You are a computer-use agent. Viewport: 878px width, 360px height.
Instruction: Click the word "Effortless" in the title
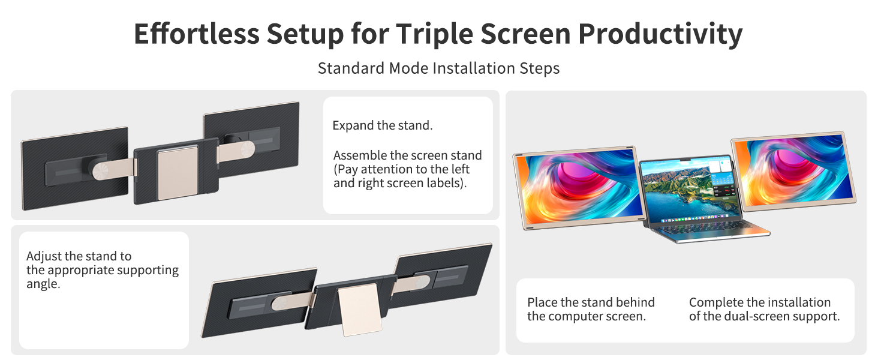tap(196, 34)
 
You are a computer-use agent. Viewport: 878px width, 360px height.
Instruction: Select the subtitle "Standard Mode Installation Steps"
tap(438, 68)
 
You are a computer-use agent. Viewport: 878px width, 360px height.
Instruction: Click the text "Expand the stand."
tap(383, 126)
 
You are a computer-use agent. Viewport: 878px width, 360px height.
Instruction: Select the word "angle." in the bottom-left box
tap(43, 284)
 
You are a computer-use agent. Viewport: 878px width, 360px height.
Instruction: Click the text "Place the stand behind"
tap(591, 302)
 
